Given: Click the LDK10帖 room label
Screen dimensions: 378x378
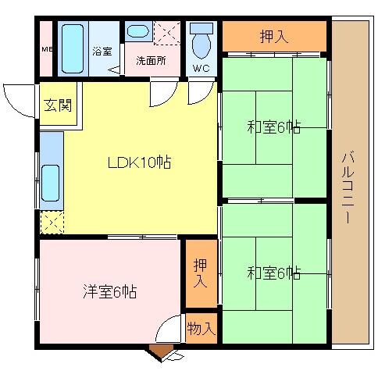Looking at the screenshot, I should (x=139, y=163).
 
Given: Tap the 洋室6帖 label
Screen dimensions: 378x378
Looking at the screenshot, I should (x=110, y=292).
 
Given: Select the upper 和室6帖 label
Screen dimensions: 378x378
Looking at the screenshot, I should (x=274, y=125).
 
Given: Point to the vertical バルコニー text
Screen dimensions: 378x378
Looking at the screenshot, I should (x=347, y=188).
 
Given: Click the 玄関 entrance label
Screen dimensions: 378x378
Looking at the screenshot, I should (x=57, y=104).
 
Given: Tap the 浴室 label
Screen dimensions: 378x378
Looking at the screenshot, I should (x=102, y=52).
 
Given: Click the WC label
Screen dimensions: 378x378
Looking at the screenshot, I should (x=201, y=67).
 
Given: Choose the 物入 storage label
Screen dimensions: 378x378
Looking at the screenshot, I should (x=201, y=329).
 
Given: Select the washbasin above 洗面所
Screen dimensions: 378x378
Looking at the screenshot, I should (x=138, y=32).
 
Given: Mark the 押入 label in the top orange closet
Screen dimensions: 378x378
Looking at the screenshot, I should (x=273, y=36).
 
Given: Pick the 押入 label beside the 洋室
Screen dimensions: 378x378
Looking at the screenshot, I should (x=201, y=273).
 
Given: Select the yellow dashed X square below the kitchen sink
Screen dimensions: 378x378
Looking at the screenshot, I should (x=51, y=224).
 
